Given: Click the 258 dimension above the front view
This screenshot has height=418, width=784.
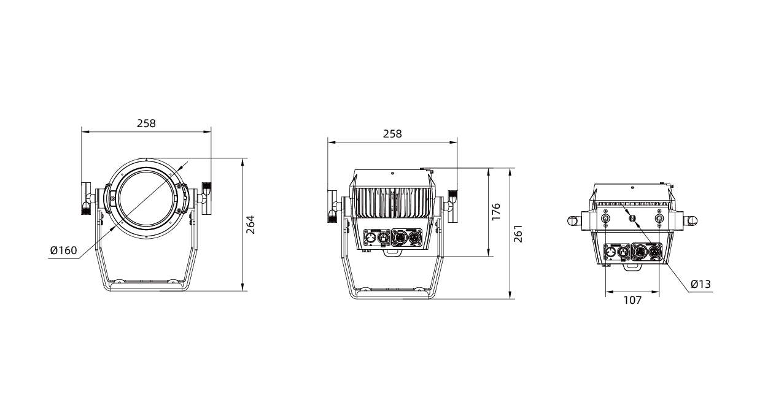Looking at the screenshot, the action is [146, 123].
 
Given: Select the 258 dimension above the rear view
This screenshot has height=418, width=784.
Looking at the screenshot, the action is [392, 134].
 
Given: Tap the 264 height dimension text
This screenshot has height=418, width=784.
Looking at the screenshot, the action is [250, 225].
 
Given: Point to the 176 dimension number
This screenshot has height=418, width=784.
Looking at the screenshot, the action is [496, 212].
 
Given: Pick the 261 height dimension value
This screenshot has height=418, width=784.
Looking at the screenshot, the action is [518, 234].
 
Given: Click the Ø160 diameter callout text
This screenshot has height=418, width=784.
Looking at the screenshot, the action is [63, 250].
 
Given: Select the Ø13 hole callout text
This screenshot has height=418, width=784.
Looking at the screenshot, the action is [701, 284].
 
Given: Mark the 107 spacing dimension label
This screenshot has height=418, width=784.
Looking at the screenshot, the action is [632, 300].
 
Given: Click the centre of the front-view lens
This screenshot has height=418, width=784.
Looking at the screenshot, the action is [146, 198].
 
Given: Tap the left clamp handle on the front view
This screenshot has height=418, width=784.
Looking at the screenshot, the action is [86, 198].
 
